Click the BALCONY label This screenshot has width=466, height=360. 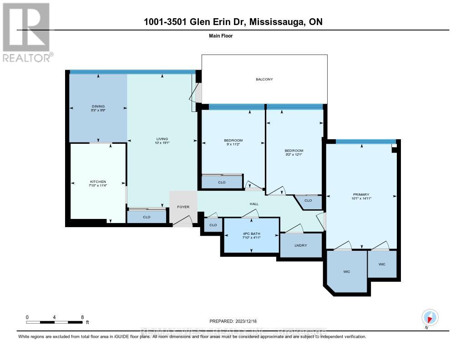click(264, 80)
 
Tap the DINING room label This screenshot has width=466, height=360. click(98, 106)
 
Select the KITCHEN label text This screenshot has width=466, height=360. click(98, 182)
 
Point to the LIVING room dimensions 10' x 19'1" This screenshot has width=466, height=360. click(162, 143)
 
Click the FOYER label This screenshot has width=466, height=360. click(183, 207)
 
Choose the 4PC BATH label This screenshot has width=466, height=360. click(251, 234)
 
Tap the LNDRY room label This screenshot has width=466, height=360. click(301, 245)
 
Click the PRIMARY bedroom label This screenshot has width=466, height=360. click(360, 194)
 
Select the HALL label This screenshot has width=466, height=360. click(253, 204)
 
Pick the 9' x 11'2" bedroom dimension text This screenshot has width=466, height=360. click(233, 144)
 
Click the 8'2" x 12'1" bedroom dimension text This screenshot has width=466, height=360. click(294, 155)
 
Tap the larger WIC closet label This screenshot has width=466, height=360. click(347, 272)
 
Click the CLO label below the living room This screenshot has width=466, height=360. click(147, 217)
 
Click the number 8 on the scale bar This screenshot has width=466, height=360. click(82, 317)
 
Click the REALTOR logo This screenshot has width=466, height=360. click(26, 32)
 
